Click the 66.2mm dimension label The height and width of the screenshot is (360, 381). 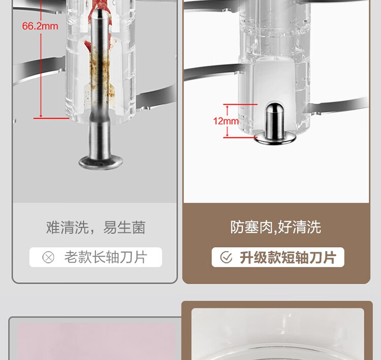40,26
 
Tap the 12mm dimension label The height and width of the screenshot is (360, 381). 226,121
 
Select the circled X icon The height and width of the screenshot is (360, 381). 48,257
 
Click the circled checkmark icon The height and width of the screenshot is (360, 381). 226,257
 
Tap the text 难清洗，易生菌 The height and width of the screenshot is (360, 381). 96,227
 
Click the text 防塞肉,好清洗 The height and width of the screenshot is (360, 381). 275,227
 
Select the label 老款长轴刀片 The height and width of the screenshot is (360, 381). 106,257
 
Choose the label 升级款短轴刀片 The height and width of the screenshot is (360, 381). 288,257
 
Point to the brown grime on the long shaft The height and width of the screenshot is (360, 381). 100,73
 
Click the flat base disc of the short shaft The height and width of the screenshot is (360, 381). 275,139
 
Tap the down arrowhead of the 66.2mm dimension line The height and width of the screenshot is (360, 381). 41,115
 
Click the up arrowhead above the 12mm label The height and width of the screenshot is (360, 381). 227,107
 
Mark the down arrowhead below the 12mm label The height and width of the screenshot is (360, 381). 227,135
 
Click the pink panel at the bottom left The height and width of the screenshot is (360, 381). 96,341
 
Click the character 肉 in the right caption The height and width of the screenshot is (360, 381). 266,227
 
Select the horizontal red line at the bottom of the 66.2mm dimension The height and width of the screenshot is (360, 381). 51,118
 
